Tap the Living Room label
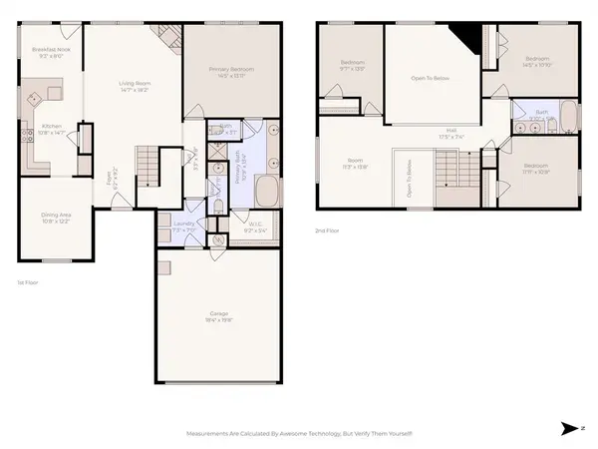pos(134,86)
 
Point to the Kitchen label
pos(51,129)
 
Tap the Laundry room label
pos(183,226)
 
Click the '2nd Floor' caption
pos(327,229)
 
